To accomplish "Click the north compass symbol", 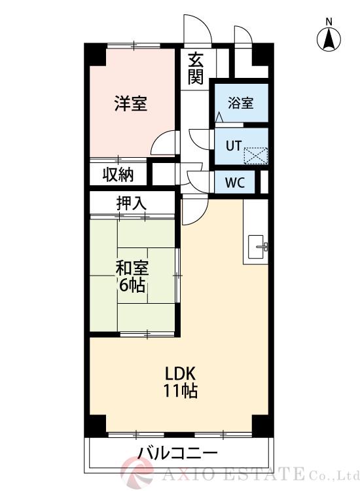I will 329,41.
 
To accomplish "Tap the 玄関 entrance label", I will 195,69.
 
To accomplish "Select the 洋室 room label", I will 130,103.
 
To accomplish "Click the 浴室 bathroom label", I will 240,103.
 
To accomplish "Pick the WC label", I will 235,183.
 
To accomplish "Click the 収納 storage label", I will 118,175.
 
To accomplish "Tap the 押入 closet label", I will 132,204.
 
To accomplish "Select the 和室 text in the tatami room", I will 132,268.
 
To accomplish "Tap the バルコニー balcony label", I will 177,453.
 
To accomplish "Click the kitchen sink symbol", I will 257,247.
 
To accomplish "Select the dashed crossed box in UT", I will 256,156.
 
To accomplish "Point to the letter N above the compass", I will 329,22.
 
